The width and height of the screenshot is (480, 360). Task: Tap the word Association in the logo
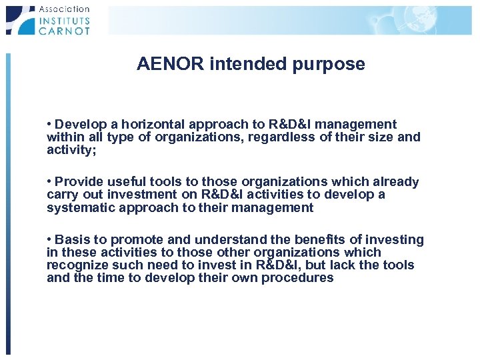(64, 9)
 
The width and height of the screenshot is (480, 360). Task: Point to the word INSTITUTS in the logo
(64, 19)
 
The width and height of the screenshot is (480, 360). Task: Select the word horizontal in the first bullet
(146, 124)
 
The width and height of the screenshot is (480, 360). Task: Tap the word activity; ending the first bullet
(72, 149)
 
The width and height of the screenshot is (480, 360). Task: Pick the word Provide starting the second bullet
(79, 181)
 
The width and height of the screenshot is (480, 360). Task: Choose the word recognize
(77, 265)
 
